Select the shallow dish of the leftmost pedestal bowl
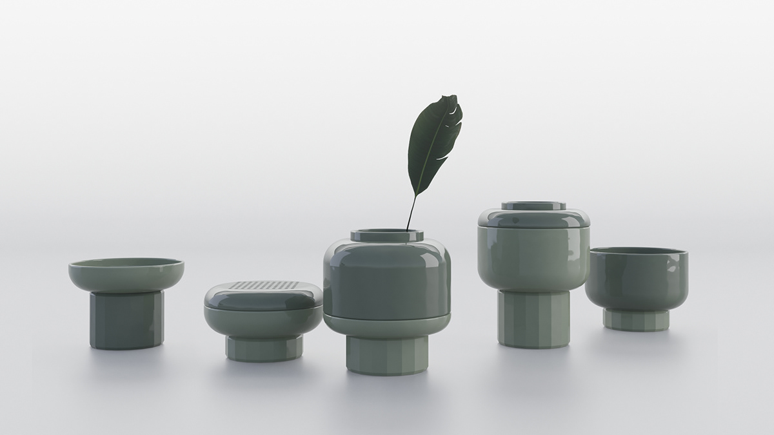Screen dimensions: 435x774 (126, 275)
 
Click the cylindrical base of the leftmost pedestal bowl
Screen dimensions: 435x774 (126, 320)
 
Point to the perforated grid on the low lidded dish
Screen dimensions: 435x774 (263, 286)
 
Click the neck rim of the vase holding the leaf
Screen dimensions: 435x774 (386, 236)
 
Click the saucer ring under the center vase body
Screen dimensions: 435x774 (386, 322)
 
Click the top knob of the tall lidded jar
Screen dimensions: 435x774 (533, 206)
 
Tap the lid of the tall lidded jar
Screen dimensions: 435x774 (533, 217)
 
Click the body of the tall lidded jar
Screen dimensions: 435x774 (533, 258)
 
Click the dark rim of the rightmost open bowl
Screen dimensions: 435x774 (637, 251)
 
